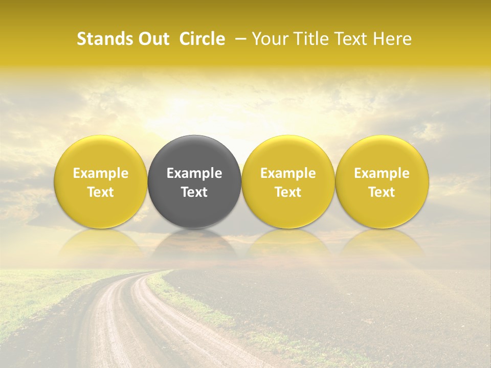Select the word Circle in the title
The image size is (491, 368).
202,39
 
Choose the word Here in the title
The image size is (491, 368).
393,39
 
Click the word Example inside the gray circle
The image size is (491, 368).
194,173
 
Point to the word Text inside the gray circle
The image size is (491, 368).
194,192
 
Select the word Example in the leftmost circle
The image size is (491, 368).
101,173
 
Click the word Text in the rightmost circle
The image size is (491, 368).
382,192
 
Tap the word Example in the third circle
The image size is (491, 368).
288,173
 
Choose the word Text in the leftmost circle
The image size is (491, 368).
101,192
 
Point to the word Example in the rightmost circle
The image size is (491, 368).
382,173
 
